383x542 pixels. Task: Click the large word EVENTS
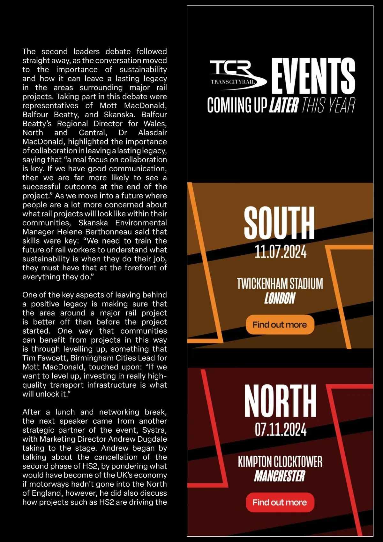313,76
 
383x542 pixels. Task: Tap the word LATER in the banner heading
284,105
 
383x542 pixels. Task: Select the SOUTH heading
279,222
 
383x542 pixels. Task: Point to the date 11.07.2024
280,252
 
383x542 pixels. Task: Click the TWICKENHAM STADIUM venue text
280,284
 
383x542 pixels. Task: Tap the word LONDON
280,298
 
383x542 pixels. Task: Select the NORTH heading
280,400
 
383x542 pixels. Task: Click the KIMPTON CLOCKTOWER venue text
280,462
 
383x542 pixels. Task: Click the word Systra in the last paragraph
154,430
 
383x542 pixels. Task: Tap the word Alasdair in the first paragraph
152,133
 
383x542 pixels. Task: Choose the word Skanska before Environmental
93,223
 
